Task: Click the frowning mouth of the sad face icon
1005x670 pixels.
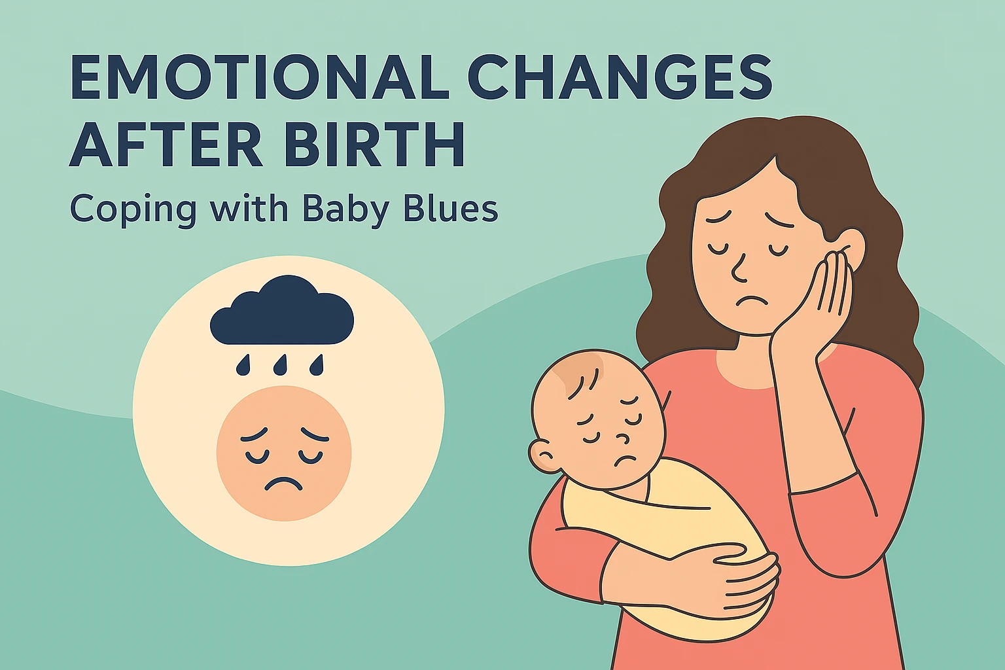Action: click(283, 484)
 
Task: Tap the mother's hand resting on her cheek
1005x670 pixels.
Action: click(818, 308)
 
